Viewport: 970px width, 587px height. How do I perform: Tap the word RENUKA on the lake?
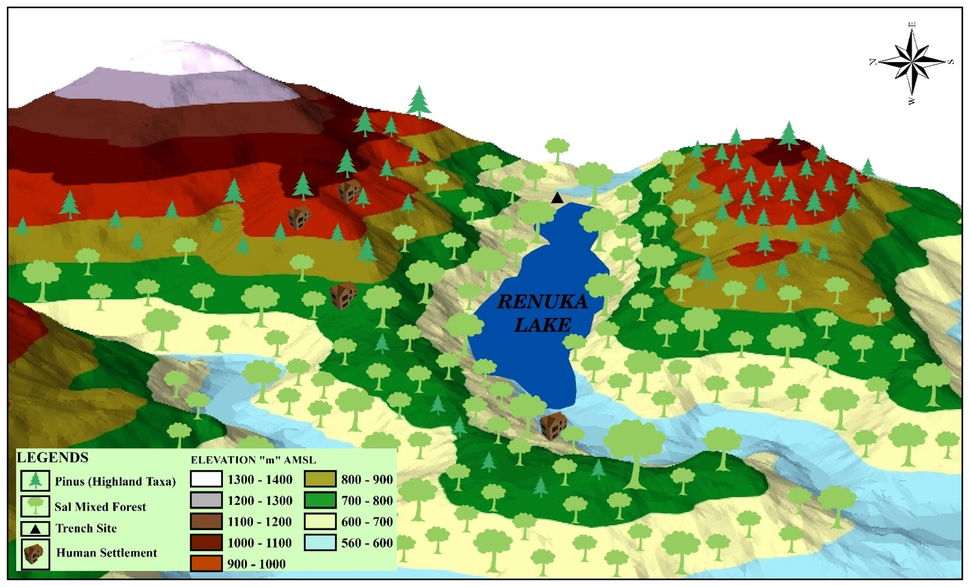tap(542, 302)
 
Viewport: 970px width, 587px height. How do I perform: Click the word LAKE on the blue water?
tap(542, 325)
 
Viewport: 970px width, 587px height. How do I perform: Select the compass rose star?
tap(912, 62)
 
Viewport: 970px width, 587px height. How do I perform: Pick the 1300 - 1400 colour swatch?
tap(206, 479)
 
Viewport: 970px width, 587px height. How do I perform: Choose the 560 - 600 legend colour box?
tap(320, 543)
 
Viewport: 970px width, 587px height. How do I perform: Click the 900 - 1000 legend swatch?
tap(206, 563)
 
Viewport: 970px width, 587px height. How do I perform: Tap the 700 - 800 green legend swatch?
tap(320, 500)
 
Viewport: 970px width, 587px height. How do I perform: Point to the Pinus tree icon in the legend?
tap(35, 481)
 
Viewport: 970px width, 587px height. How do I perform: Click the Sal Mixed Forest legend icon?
tap(35, 506)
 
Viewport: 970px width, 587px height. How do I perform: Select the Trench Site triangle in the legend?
tap(35, 529)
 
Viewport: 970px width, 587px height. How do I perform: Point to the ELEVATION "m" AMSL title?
tap(253, 460)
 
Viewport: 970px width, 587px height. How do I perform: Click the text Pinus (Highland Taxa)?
tap(115, 481)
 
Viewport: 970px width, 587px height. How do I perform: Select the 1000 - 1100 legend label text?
tap(259, 543)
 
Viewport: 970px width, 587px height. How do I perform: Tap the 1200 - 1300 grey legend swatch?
tap(206, 500)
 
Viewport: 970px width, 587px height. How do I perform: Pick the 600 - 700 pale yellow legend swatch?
tap(320, 522)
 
